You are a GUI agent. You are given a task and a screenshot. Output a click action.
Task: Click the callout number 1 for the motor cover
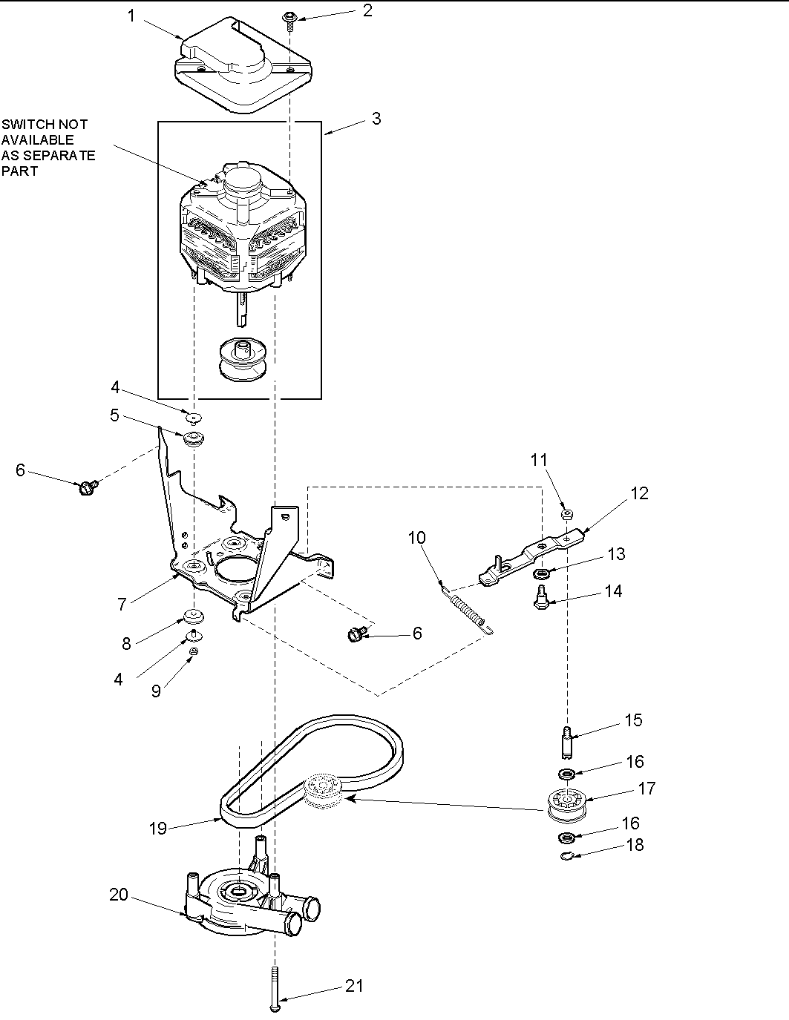131,16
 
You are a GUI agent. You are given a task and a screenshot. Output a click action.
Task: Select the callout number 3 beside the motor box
376,119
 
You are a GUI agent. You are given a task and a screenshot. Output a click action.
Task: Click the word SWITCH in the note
24,125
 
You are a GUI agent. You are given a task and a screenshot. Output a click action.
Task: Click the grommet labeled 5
195,438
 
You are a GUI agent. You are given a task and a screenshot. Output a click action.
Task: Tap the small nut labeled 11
567,513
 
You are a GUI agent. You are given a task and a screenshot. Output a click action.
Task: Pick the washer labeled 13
540,573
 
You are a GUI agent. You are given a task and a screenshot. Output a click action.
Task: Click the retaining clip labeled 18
566,858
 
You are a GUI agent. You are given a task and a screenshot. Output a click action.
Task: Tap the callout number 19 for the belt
157,828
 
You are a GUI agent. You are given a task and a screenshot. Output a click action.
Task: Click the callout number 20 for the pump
119,895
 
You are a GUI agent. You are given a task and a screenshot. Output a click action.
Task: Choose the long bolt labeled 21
275,990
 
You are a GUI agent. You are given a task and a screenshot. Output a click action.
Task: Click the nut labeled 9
192,651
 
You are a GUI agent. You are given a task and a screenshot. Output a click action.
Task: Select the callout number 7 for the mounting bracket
122,604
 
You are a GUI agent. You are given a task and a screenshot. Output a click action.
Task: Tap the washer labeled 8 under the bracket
195,616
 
